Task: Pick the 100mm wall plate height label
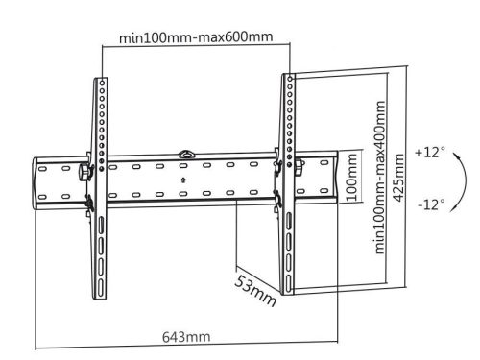pyautogui.click(x=352, y=182)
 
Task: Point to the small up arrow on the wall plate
pyautogui.click(x=183, y=179)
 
